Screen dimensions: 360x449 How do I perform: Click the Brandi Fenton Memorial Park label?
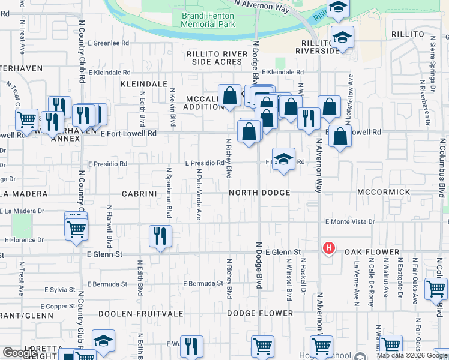(x=208, y=20)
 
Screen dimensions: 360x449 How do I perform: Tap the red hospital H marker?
(x=328, y=247)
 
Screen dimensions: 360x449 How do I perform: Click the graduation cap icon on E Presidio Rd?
(x=283, y=159)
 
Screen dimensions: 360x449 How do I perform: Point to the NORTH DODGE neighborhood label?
(x=259, y=193)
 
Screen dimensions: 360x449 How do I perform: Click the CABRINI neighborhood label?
(x=139, y=194)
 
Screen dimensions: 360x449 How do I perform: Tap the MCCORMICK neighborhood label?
(x=384, y=192)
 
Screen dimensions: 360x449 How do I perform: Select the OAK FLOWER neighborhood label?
(x=372, y=253)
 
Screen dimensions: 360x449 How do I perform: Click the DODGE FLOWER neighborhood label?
(x=260, y=313)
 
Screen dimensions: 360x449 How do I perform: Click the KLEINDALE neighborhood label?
(x=143, y=84)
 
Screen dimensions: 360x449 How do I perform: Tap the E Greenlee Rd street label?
(x=109, y=43)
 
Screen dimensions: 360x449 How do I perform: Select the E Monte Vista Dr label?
(x=350, y=221)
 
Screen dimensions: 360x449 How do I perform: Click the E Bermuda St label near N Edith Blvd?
(x=107, y=283)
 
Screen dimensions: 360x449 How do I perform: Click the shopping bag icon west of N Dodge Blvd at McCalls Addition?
(x=229, y=95)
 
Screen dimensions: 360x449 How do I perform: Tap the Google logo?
(x=20, y=352)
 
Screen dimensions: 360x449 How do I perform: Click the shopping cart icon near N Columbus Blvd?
(x=436, y=289)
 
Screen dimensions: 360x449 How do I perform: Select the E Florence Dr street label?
(x=24, y=239)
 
